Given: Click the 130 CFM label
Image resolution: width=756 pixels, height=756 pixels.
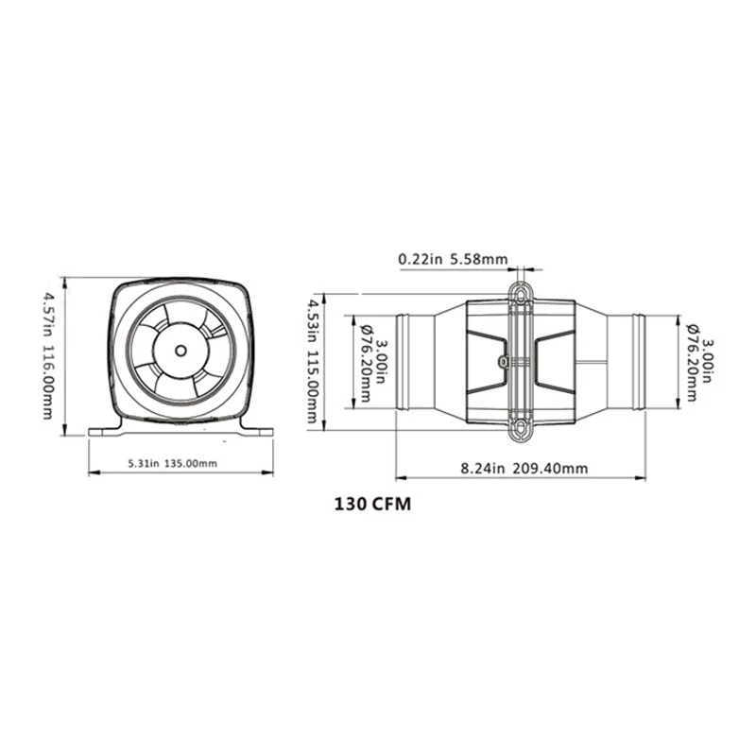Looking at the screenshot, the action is (372, 505).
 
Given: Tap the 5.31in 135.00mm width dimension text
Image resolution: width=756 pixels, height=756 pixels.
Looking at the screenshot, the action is (172, 463).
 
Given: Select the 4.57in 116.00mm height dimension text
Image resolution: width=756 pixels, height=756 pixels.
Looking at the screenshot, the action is (48, 355).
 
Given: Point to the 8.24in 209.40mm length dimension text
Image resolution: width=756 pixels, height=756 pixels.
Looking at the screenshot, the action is (524, 468).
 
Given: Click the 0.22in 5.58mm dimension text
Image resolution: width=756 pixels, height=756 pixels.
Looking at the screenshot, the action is (453, 259).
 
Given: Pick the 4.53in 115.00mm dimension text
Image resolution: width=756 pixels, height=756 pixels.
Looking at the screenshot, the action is (313, 362).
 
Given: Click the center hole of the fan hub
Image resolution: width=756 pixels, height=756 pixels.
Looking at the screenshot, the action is (180, 351).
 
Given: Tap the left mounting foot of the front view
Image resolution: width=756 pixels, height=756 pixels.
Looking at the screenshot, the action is (104, 430).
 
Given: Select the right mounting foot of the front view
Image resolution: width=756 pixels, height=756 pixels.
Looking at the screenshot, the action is (257, 430).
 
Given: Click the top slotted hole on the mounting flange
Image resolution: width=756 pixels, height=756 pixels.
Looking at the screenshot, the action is (522, 293).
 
